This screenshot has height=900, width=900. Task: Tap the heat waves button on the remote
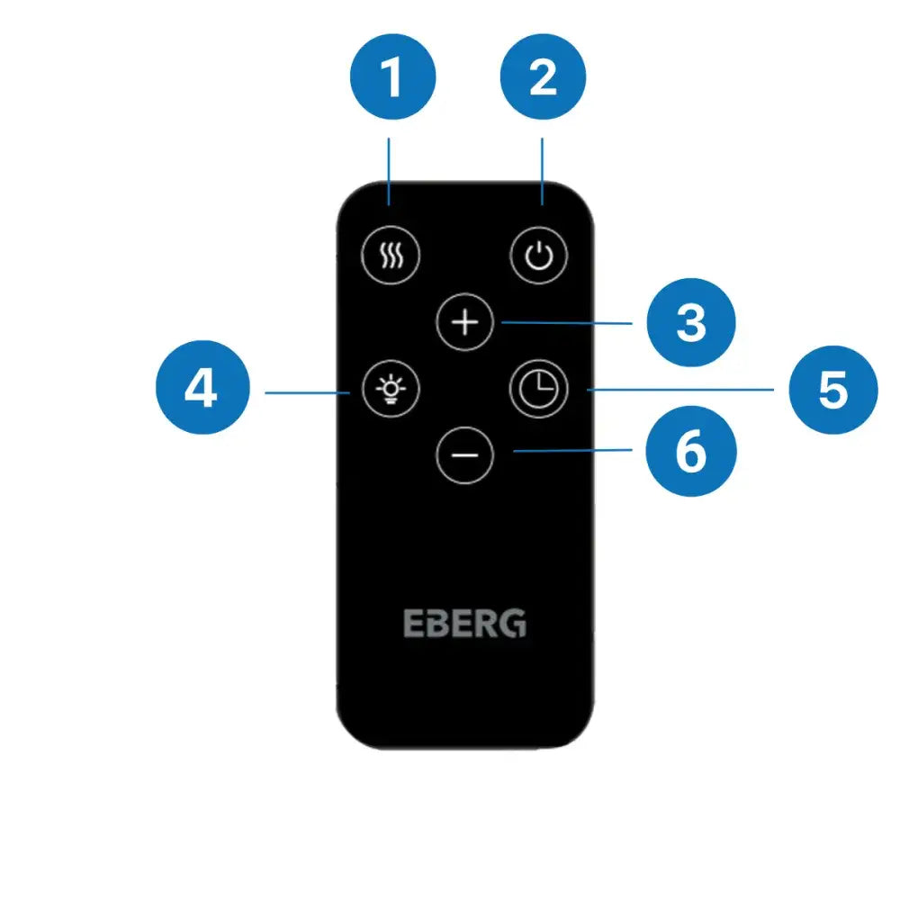[390, 255]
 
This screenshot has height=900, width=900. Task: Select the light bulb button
[390, 390]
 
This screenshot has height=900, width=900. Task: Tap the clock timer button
[539, 390]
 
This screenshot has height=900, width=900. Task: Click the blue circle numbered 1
[390, 78]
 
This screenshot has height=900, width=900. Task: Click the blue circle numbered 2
[542, 78]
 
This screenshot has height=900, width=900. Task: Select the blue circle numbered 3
[691, 322]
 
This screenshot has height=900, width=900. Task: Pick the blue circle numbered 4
[201, 391]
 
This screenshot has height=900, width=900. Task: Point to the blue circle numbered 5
[832, 391]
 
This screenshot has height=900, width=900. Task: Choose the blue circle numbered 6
[691, 453]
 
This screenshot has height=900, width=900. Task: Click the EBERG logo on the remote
[464, 624]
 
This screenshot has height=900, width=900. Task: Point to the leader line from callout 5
[679, 390]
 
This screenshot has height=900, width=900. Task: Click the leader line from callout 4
[306, 391]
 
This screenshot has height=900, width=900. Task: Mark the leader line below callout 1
[390, 171]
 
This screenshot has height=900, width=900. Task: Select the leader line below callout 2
[542, 171]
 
